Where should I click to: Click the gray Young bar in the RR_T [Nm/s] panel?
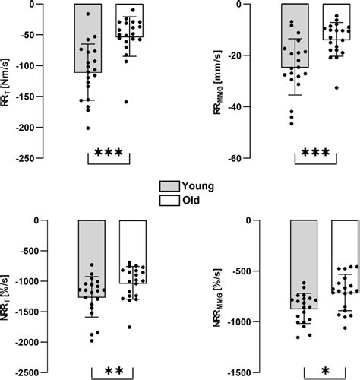click(x=89, y=38)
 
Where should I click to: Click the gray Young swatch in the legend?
click(x=172, y=185)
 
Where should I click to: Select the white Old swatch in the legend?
click(x=172, y=200)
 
